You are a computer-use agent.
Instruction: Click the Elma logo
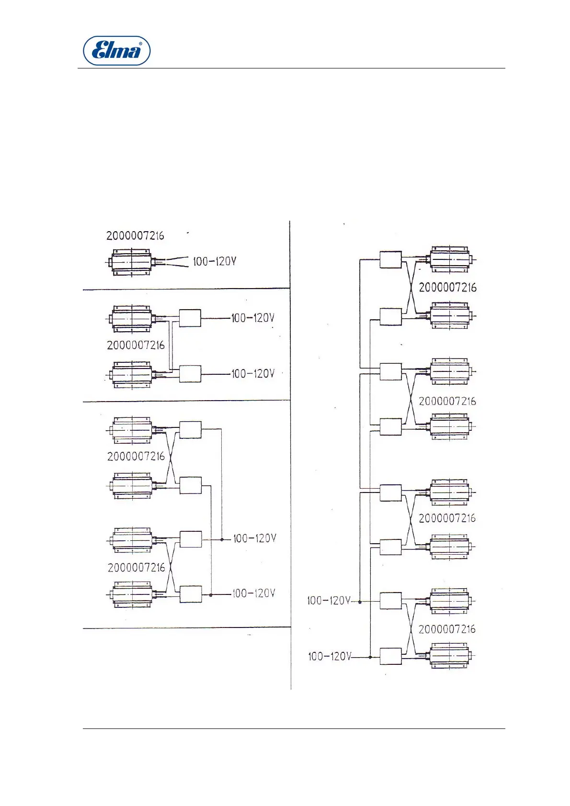pos(117,50)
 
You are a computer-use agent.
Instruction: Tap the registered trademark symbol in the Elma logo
pos(140,44)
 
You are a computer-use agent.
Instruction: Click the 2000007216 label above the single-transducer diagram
pos(135,235)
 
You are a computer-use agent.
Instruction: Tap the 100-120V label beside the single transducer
pos(215,261)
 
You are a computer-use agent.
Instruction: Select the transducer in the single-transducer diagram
pos(132,262)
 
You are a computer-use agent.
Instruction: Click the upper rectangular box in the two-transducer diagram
pos(190,318)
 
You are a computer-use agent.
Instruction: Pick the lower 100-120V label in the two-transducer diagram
pos(253,373)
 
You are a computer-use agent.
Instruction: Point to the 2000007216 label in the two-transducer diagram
pos(136,345)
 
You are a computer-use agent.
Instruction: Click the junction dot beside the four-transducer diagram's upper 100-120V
pos(222,539)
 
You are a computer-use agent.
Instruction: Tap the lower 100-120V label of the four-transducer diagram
pos(254,593)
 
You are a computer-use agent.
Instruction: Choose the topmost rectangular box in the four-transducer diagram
pos(190,430)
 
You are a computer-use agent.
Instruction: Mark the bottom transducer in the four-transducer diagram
pos(132,594)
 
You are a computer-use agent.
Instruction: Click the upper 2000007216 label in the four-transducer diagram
pos(136,456)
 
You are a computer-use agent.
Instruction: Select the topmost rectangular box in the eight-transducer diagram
pos(390,259)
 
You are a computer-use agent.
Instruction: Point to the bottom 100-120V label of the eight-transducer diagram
pos(330,656)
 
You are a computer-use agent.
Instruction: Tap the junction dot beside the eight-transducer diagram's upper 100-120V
pos(360,601)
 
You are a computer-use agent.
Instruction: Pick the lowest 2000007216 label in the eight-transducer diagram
pos(447,629)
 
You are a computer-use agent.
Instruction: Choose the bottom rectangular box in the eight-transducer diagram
pos(390,656)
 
